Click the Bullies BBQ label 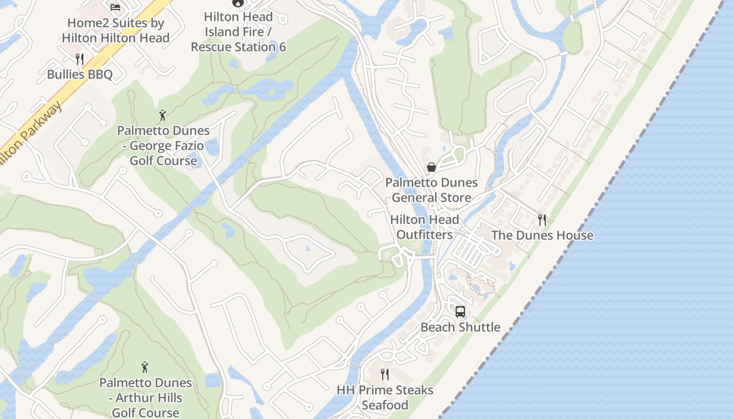click(x=80, y=74)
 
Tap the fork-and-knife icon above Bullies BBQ click(x=80, y=59)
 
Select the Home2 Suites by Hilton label click(x=115, y=30)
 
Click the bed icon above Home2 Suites click(x=115, y=7)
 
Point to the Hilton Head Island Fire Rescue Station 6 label click(x=238, y=32)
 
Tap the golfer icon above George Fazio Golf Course click(x=163, y=115)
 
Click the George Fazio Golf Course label click(x=163, y=146)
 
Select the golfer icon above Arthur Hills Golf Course click(x=145, y=367)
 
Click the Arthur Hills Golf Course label click(x=145, y=398)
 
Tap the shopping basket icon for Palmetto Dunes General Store click(x=431, y=167)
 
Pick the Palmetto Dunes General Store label click(x=431, y=190)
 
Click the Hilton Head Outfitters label click(x=425, y=227)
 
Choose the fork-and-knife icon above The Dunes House click(x=542, y=219)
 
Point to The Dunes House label click(x=542, y=235)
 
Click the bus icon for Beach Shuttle click(x=460, y=312)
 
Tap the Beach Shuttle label click(x=460, y=327)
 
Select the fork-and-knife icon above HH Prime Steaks click(x=385, y=374)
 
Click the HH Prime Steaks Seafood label click(x=385, y=398)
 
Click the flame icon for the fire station click(x=238, y=2)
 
